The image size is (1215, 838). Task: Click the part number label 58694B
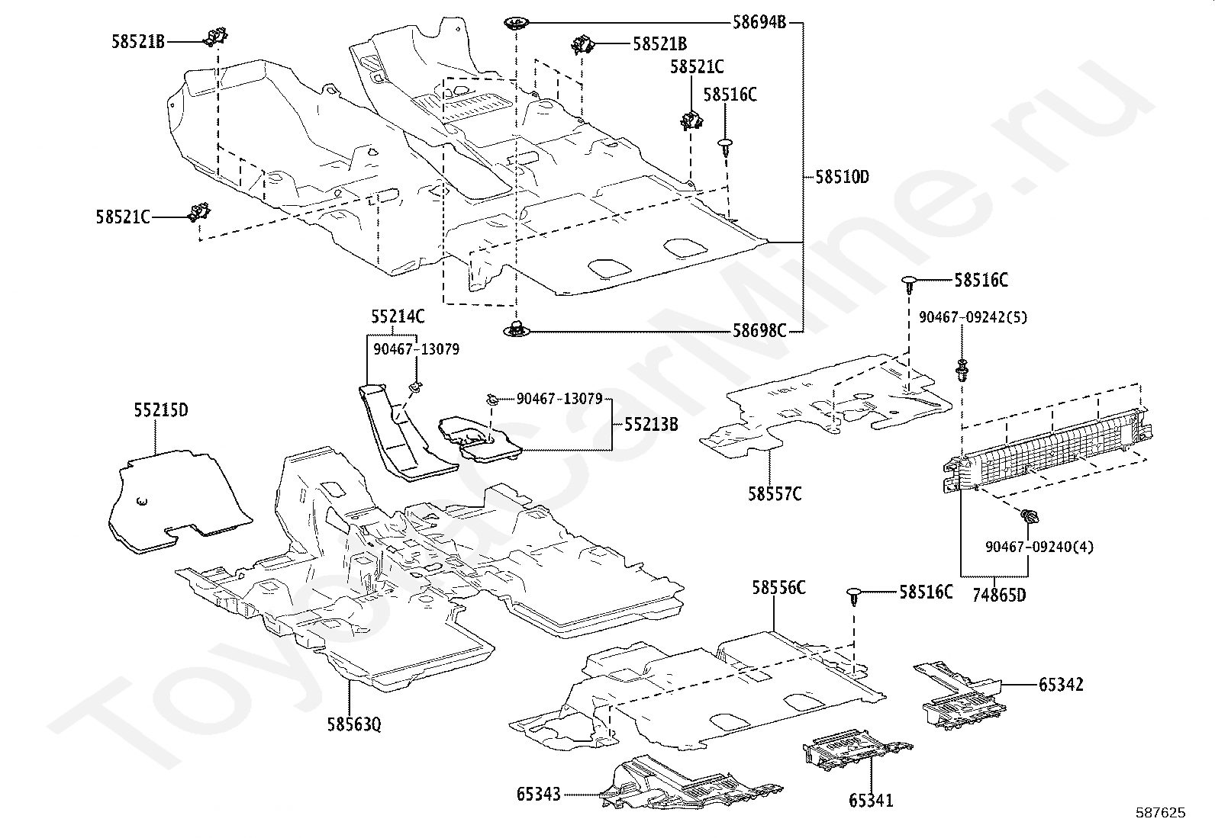coord(759,22)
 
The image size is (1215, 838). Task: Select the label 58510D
coord(843,177)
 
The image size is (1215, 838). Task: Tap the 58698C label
coord(759,331)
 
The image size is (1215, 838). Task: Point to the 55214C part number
coord(398,316)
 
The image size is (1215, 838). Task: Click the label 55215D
coord(161,410)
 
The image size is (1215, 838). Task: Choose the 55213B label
coord(651,425)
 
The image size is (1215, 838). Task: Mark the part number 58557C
coord(775,494)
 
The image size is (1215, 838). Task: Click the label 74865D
coord(999,596)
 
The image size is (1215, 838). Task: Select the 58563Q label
coord(354,724)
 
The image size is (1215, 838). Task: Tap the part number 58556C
coord(778,588)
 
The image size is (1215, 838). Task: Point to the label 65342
coord(1061,685)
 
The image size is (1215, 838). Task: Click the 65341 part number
coord(871,800)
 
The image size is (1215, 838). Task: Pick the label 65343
coord(538,794)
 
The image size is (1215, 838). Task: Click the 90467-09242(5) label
coord(973,317)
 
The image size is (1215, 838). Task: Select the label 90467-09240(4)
coord(1039,547)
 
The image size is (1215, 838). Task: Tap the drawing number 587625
coord(1161,813)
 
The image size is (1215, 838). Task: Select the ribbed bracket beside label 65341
coord(857,750)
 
